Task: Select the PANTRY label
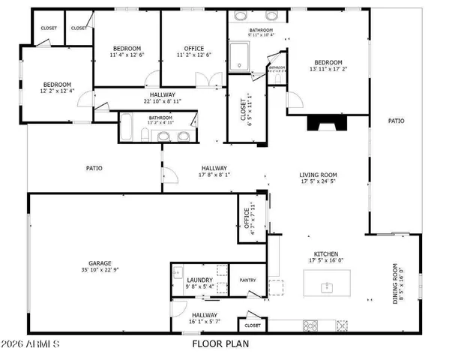[248, 280]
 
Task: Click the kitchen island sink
[328, 287]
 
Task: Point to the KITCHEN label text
[325, 254]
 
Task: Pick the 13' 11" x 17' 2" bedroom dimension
[328, 70]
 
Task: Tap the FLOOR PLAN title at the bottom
[220, 344]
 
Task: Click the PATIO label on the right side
[396, 120]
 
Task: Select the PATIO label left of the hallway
[94, 168]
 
